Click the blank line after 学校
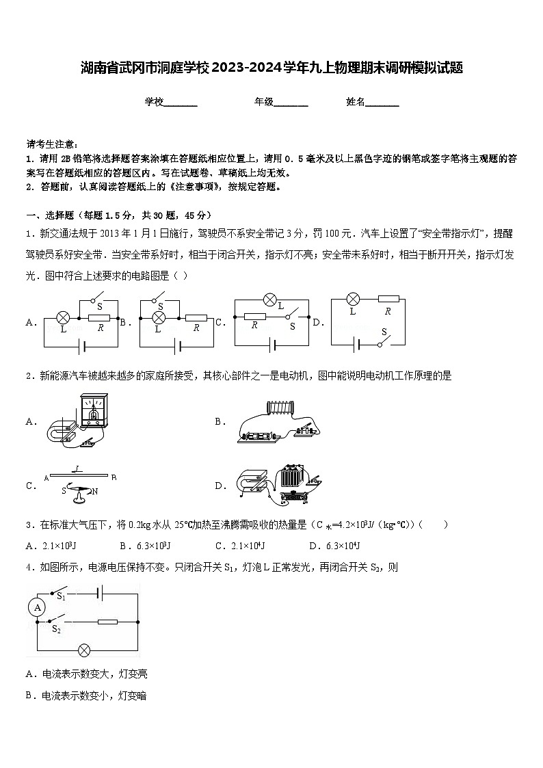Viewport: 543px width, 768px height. click(x=181, y=103)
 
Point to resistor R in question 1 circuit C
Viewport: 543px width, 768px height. click(x=254, y=317)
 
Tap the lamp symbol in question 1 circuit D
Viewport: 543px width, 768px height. click(x=353, y=299)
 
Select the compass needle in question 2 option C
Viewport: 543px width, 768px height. click(x=77, y=490)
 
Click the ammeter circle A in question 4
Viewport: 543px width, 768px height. click(x=38, y=607)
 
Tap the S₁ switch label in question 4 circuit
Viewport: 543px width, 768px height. click(x=61, y=596)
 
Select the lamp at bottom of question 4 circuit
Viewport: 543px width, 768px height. click(x=84, y=650)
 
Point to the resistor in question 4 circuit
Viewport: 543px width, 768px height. click(x=107, y=622)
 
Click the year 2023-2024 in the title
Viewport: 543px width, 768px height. click(x=252, y=68)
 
